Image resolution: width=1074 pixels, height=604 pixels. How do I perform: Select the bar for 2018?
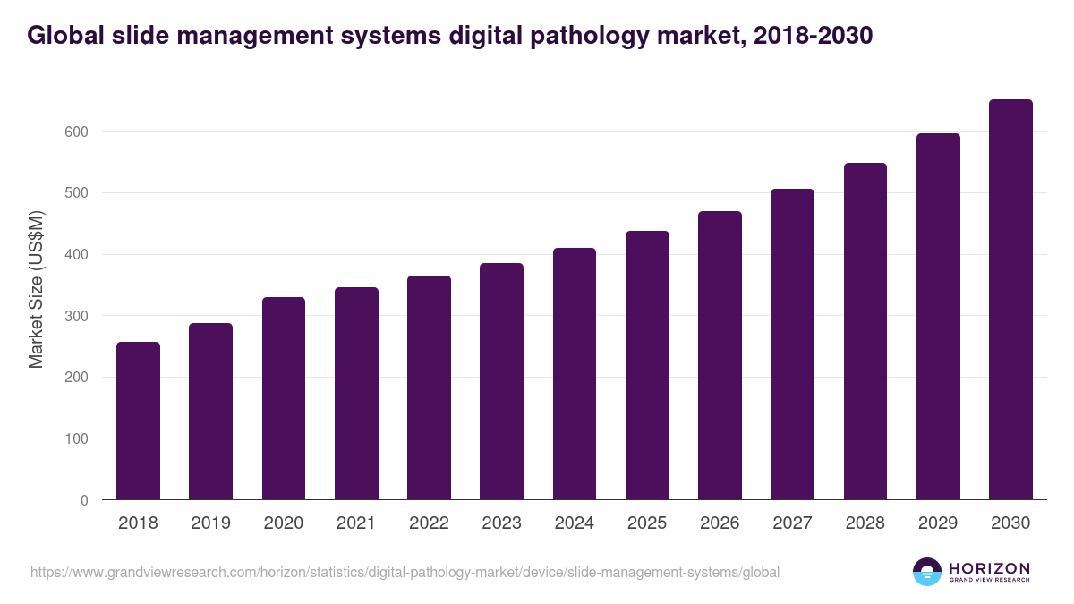138,421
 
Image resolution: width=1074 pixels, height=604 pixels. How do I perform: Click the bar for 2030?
1010,300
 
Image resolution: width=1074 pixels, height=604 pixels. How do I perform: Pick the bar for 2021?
356,394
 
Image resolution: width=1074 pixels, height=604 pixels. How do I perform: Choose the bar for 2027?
792,345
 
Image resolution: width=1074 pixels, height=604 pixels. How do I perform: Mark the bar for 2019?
210,412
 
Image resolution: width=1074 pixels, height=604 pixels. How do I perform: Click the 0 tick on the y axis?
84,500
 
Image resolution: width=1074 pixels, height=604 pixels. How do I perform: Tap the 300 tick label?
78,316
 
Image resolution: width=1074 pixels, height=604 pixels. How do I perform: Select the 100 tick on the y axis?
78,438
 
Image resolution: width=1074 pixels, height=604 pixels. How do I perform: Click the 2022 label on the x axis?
429,523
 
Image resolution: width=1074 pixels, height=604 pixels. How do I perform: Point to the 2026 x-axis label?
720,523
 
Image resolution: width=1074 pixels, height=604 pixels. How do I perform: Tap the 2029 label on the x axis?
938,523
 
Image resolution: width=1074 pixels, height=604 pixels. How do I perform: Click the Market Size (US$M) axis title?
36,290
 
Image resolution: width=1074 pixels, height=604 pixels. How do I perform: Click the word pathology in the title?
567,36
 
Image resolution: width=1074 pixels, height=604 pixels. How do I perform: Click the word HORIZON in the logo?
989,568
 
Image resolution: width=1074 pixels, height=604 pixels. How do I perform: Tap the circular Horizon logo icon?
927,572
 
